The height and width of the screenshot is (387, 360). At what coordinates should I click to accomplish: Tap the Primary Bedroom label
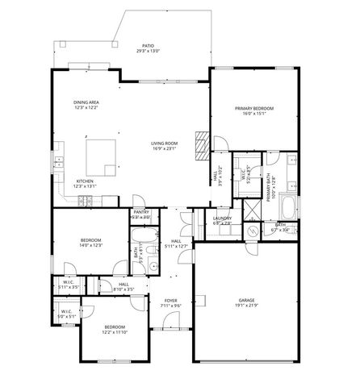pos(254,110)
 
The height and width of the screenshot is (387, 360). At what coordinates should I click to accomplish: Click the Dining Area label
pos(86,105)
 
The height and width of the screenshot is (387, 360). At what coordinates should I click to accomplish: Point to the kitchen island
pos(102,151)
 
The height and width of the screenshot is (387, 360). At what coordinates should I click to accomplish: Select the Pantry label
pos(140,215)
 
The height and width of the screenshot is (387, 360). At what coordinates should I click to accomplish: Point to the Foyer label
pos(170,302)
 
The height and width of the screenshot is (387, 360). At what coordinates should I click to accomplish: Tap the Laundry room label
pos(222,220)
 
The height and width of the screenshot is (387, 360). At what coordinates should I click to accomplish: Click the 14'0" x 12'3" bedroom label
pos(90,243)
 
